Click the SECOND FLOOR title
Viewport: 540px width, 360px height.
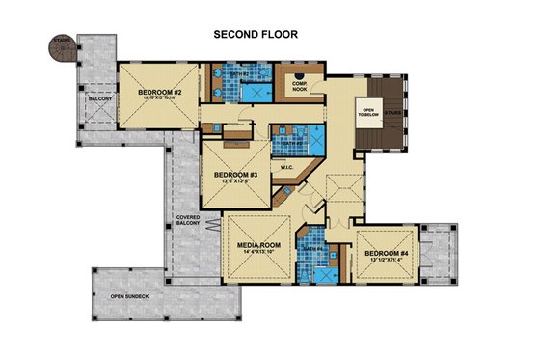click(255, 34)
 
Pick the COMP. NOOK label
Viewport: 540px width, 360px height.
click(304, 88)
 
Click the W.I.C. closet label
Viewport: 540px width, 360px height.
click(286, 167)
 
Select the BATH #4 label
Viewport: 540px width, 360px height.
click(315, 250)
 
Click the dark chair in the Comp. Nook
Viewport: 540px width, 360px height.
click(304, 71)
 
